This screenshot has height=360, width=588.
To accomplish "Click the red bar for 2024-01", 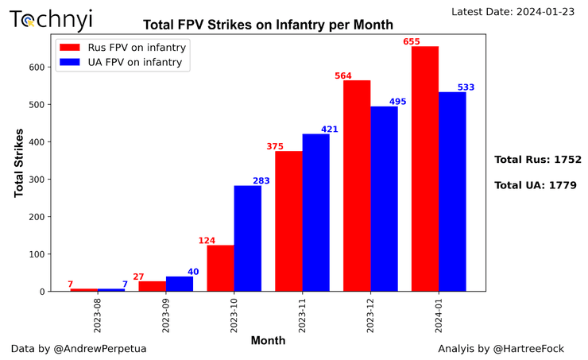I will [x=425, y=168].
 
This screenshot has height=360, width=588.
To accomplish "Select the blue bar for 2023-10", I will [x=247, y=238].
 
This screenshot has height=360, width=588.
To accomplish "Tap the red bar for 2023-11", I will [x=288, y=221].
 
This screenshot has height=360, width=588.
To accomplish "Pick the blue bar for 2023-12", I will [x=384, y=199].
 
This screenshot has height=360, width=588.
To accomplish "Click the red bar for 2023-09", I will [x=152, y=286].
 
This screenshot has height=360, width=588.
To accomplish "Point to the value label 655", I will [x=420, y=41].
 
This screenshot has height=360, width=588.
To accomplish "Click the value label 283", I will [x=261, y=180].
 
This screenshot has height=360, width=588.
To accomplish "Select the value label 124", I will [x=207, y=240].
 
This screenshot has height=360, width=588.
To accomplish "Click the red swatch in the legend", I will [x=70, y=48].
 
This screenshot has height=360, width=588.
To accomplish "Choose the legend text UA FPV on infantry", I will [x=136, y=64].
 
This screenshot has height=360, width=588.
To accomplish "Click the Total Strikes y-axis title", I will [x=19, y=163].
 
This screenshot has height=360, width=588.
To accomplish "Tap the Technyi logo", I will [x=51, y=20].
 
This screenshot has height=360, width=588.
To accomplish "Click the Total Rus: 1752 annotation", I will [x=538, y=160].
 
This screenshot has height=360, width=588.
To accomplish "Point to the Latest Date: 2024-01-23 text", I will [x=516, y=11].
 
